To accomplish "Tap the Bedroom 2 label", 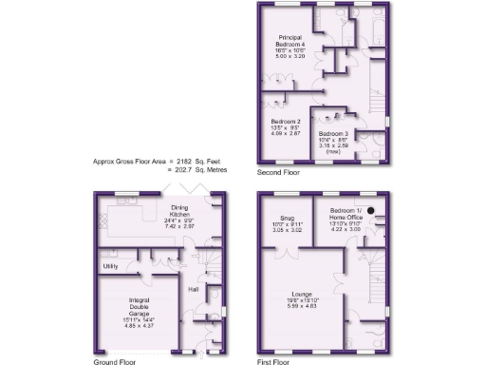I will click(286, 122).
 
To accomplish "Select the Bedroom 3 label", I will click(333, 133).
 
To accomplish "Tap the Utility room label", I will click(110, 266).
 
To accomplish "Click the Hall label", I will click(194, 288).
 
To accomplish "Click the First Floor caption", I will click(277, 361).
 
